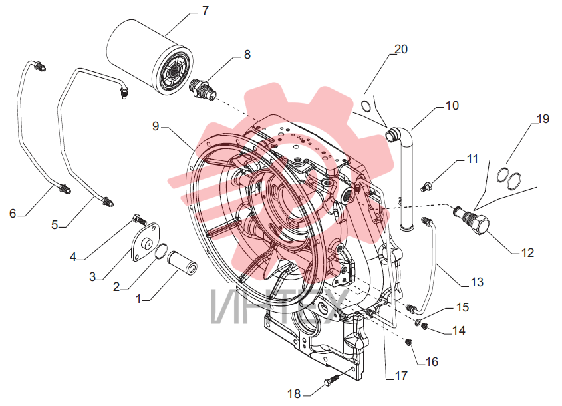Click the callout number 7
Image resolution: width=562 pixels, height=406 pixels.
pos(205,11)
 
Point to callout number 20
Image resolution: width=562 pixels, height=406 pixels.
pos(401,49)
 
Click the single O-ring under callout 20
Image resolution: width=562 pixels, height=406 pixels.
pos(366,106)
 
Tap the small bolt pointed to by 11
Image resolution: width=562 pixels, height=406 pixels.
pos(426,187)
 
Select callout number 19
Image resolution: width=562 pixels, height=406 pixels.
pos(543,118)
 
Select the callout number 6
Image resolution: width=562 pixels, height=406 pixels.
pos(13,214)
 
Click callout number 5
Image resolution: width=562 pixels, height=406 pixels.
pos(55,225)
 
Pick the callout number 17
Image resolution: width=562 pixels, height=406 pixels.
pos(401,375)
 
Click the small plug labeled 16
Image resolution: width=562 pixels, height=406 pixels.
pos(408,342)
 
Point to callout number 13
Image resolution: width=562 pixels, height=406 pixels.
pos(477,282)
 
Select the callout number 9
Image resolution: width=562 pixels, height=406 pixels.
pos(156,126)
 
